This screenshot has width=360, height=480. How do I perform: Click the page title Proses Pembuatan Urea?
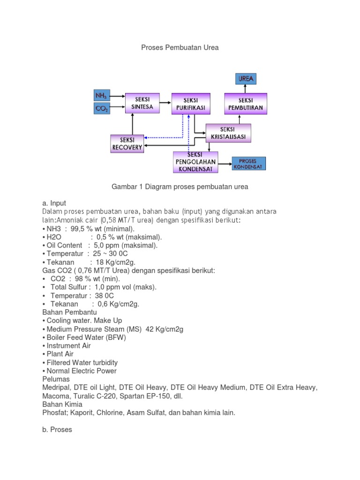(180, 47)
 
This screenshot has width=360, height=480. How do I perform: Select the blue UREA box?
(246, 79)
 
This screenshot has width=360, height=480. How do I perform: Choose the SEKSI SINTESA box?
(142, 103)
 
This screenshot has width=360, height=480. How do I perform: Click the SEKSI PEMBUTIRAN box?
(246, 104)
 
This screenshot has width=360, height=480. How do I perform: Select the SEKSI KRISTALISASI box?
(229, 133)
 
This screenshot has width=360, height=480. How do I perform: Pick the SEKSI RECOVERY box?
(127, 143)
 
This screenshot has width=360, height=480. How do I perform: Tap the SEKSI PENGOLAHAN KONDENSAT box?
(195, 162)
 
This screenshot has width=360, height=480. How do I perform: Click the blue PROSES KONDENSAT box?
(248, 164)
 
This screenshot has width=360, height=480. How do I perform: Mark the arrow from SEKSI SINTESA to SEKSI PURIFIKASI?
(165, 101)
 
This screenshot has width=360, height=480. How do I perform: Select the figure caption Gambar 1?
(180, 187)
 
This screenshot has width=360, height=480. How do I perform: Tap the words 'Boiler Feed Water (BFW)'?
(86, 337)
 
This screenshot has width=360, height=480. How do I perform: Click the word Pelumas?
(56, 379)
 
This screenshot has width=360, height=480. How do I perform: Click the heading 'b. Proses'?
(57, 429)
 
